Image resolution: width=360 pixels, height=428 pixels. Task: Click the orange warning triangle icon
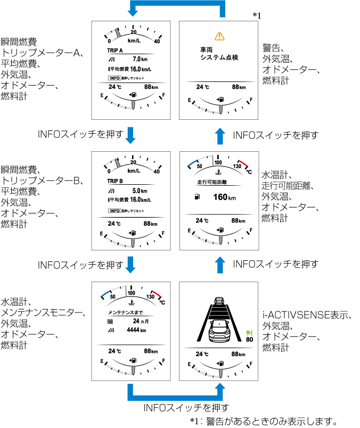219,36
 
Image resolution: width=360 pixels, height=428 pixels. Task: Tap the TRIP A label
115,50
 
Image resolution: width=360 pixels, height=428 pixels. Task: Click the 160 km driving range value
224,197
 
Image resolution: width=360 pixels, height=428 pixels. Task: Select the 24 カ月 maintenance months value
140,322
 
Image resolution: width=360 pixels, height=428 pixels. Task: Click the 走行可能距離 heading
205,182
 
